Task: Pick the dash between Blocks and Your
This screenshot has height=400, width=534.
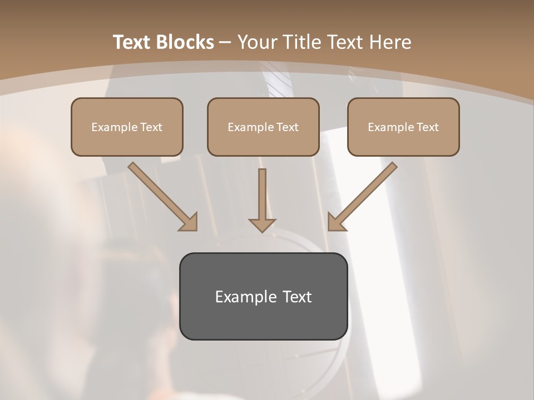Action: tap(225, 43)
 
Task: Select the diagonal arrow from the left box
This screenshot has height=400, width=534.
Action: tap(161, 194)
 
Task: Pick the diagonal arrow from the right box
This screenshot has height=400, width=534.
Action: tap(364, 194)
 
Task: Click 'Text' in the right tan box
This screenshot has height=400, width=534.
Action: tap(427, 127)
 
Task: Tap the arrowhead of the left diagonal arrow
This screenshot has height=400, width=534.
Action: tap(189, 222)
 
